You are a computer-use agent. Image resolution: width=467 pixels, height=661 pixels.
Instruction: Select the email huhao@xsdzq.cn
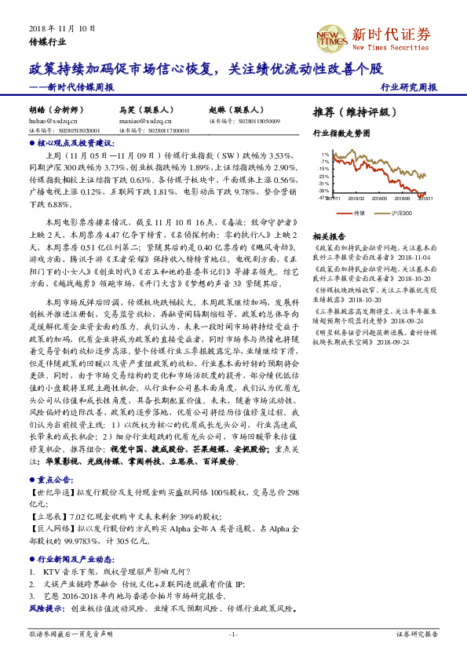[53, 122]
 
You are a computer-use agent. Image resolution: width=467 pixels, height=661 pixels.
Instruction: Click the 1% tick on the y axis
[325, 154]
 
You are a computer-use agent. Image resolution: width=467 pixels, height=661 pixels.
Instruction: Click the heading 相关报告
[329, 236]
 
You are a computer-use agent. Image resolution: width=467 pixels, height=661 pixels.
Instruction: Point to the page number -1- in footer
[233, 634]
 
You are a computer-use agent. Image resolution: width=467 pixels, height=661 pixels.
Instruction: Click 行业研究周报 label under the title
[409, 88]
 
